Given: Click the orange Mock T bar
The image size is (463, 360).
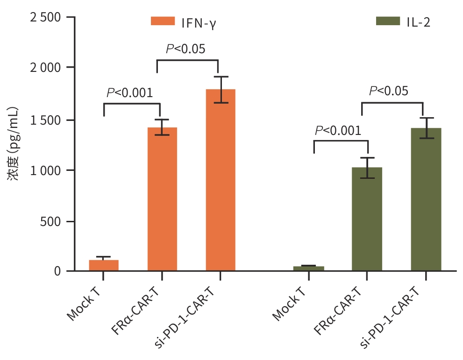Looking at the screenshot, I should pos(104,265).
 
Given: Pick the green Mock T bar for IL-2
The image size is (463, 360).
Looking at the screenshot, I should pos(308,268).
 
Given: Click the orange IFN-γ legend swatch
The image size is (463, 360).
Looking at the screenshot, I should pos(163,21).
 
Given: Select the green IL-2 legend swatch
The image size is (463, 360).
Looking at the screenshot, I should pos(388,21).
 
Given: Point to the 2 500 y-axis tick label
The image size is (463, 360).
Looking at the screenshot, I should pos(46,17).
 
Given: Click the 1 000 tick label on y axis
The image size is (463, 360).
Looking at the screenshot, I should pos(46,170).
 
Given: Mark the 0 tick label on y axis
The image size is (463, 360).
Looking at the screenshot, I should pos(57,271).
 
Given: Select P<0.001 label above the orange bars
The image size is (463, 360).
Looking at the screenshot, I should pos(129,93).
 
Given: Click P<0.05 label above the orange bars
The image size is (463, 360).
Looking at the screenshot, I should pos(185,49).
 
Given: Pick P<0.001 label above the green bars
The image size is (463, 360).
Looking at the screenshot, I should pos(338,131).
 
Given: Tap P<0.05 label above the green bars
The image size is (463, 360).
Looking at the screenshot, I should pos(389,91).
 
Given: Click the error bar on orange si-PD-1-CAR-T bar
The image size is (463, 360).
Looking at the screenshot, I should pos(221,89).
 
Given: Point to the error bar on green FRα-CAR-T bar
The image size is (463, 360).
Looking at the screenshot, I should pos(367,168).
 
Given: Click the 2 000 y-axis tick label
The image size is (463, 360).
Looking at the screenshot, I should pos(46,68).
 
